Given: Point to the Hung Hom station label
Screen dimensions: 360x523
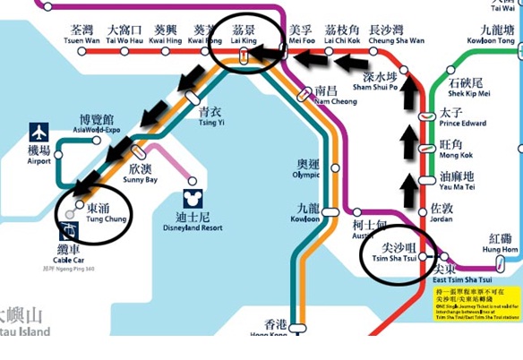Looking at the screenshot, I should pyautogui.click(x=502, y=244).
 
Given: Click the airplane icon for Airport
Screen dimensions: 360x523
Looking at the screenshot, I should pyautogui.click(x=39, y=133).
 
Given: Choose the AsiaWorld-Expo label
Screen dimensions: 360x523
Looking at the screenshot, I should pyautogui.click(x=97, y=124).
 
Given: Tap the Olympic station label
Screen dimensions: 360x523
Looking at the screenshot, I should pyautogui.click(x=307, y=169).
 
